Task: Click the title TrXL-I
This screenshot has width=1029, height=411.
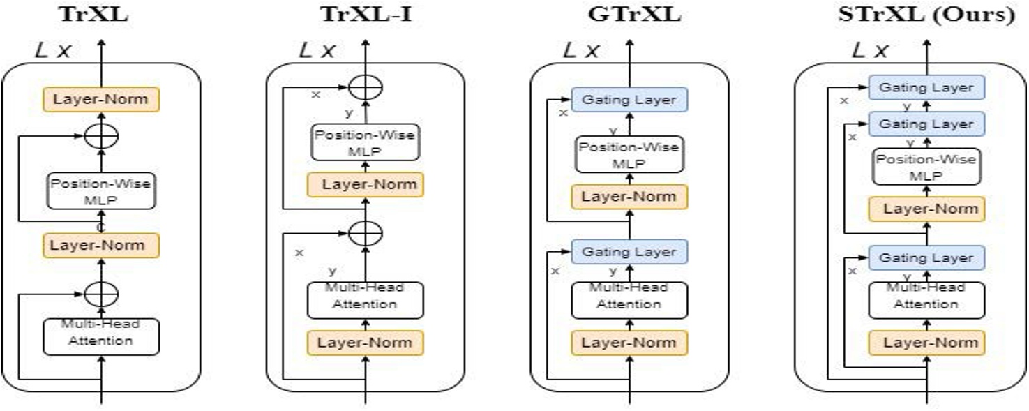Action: pos(366,13)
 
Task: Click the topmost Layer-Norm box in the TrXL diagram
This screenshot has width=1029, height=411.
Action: pos(101,99)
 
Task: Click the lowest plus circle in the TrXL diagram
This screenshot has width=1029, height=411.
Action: pos(101,294)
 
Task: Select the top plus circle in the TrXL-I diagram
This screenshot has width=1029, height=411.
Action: pos(366,88)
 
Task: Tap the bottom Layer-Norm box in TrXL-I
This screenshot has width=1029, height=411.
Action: pos(366,343)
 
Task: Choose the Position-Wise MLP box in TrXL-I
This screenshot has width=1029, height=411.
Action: pos(366,143)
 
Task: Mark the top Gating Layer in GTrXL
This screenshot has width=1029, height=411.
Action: pos(629,99)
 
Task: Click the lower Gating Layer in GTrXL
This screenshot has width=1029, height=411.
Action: pos(629,251)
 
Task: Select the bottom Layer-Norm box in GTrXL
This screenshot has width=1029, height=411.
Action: pos(629,343)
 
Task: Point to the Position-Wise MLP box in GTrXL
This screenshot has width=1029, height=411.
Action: pos(629,154)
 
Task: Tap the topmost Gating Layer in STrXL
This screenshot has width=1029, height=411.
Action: pos(926,88)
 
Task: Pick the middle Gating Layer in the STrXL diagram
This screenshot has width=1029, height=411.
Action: pos(926,124)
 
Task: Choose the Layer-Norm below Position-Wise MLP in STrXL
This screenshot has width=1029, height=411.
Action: pos(926,209)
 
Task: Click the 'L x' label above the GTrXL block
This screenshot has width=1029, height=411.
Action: pos(581,50)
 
